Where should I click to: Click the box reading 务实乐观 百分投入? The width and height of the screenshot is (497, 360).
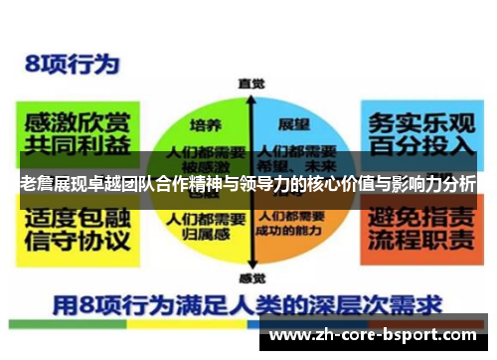pyautogui.click(x=421, y=135)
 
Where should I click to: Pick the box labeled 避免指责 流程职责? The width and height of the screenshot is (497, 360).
pyautogui.click(x=421, y=226)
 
